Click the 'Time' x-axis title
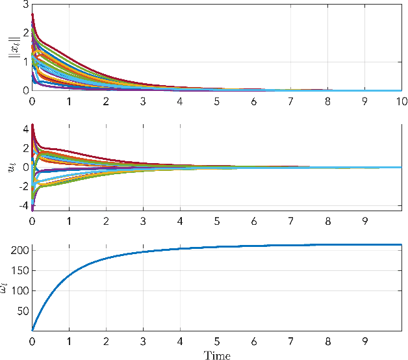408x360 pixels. point(217,355)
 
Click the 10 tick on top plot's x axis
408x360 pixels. point(403,101)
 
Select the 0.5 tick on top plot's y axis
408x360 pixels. point(20,77)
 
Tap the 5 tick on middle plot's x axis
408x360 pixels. point(217,220)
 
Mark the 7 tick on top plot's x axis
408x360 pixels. point(292,101)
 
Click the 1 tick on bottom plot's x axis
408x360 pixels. point(69,340)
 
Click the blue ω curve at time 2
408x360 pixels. point(106,259)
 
